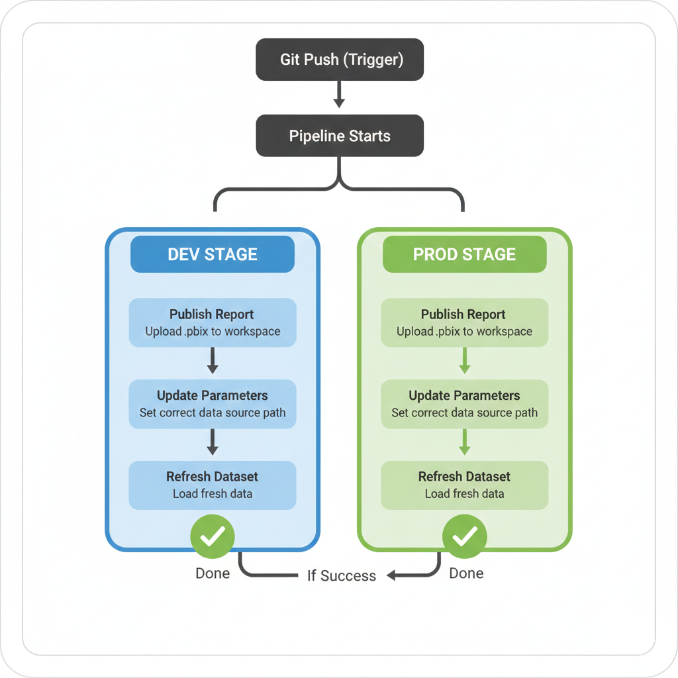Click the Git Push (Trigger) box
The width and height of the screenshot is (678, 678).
coord(339,60)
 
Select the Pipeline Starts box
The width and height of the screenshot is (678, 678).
coord(339,136)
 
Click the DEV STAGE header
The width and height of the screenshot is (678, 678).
coord(212,254)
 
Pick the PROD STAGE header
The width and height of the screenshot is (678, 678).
coord(464,254)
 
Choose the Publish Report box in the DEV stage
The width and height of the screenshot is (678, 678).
coord(212,322)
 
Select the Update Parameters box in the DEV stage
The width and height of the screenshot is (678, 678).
coord(212,403)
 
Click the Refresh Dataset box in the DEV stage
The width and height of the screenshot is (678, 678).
coord(212,485)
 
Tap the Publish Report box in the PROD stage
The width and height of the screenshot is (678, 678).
coord(464,322)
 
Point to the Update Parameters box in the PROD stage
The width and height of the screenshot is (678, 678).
coord(464,403)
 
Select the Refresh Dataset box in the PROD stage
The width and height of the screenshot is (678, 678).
coord(464,485)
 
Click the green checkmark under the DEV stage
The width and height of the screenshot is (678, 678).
coord(213,537)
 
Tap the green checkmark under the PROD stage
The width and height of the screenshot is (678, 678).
coord(464,537)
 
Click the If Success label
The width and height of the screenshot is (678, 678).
coord(341,575)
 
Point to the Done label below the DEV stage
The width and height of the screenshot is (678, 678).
coord(213,573)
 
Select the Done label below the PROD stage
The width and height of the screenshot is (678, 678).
coord(466,573)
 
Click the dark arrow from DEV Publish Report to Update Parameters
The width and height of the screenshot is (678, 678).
coord(212,362)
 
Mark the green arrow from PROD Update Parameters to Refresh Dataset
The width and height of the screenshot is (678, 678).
coord(464,442)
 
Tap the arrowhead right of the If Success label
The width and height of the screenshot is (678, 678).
coord(392,575)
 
